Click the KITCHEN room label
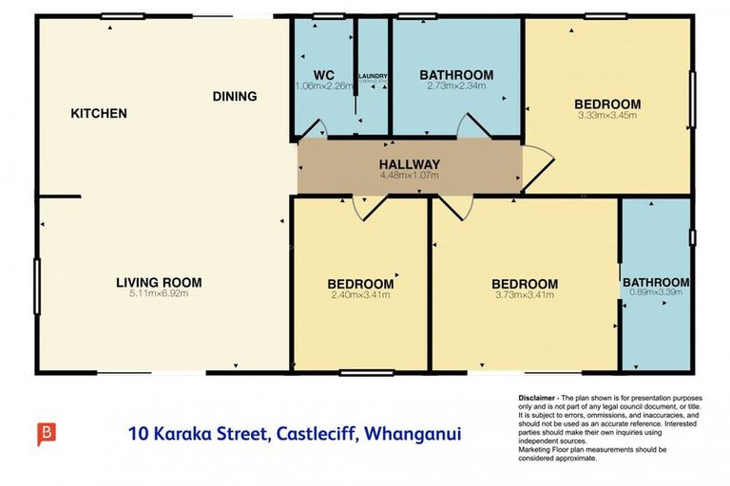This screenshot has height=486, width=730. click(99, 114)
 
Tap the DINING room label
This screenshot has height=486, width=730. click(235, 96)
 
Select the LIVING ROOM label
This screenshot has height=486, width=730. click(159, 282)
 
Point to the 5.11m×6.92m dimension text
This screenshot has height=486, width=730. click(159, 293)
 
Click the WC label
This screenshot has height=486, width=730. click(323, 75)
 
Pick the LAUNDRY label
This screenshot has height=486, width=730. click(373, 76)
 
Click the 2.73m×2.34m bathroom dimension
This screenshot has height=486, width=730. click(456, 86)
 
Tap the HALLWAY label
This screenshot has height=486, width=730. click(410, 164)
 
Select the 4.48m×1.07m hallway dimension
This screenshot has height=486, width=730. click(410, 176)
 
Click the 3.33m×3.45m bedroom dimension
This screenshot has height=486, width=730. click(606, 116)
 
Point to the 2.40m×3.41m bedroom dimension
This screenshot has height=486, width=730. click(360, 295)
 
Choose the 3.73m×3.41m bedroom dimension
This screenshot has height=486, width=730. click(524, 295)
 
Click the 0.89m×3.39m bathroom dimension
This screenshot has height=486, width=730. click(656, 293)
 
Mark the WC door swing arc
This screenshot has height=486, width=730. click(320, 128)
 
